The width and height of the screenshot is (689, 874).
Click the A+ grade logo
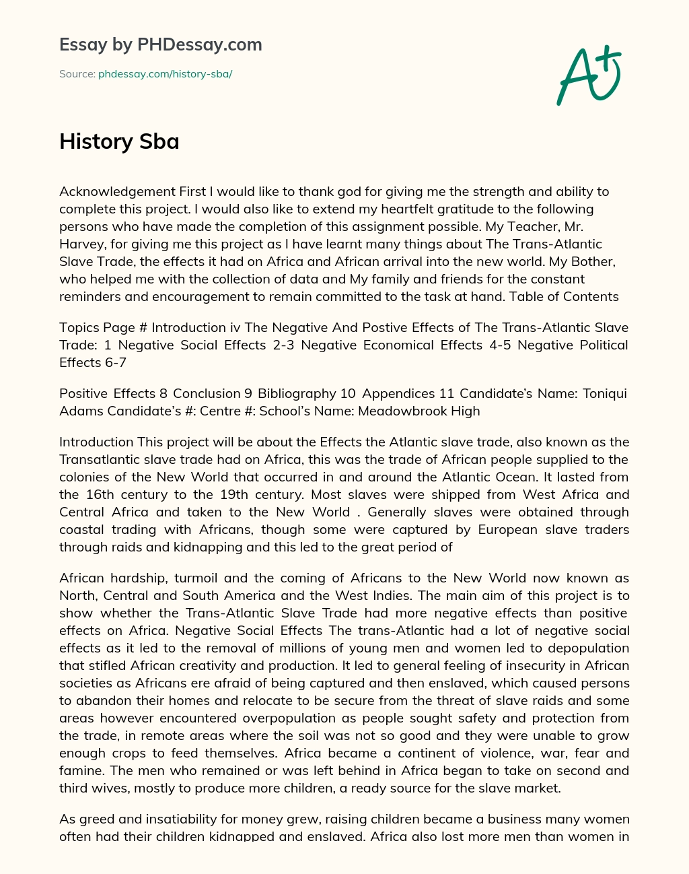click(x=589, y=75)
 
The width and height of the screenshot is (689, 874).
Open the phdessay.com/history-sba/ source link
click(x=165, y=74)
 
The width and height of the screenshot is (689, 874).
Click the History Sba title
click(x=119, y=141)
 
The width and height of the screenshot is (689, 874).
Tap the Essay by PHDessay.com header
click(x=160, y=44)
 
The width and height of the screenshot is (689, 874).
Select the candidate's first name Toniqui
click(x=602, y=393)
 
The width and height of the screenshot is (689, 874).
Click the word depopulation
click(x=585, y=648)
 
